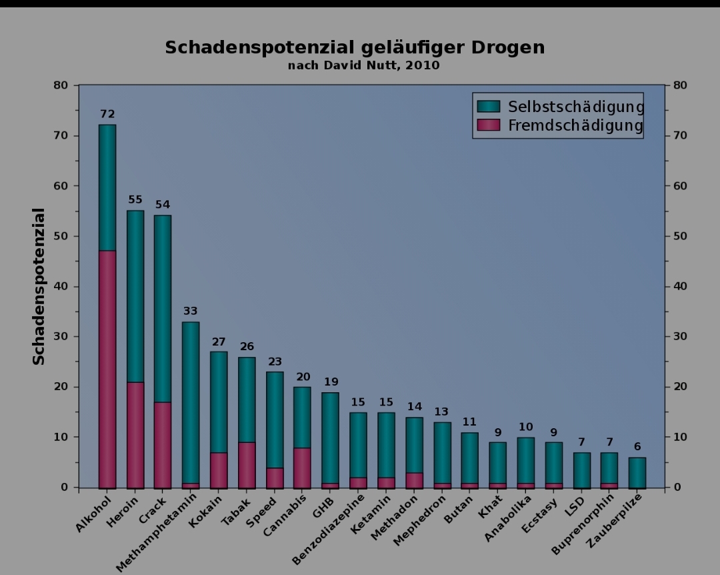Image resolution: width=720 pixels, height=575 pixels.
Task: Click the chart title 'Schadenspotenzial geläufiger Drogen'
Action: pos(355,48)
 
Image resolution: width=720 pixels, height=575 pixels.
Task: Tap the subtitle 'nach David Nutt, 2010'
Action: pos(363,65)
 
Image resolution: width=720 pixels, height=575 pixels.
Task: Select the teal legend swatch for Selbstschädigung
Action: pos(489,107)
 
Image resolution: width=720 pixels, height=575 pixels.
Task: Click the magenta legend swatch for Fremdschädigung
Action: pos(489,125)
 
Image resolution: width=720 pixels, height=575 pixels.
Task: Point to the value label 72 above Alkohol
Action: pos(107,115)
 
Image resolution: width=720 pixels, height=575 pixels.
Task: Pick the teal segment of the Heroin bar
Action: pos(135,297)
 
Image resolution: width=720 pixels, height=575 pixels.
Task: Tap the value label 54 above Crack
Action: pos(163,205)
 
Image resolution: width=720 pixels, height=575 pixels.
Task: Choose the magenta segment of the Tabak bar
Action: pos(247,465)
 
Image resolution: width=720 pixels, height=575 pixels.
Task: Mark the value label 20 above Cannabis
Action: pos(303,377)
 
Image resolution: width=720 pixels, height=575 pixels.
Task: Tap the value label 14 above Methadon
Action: pos(415,407)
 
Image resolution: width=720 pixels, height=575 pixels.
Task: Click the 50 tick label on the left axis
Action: pos(61,236)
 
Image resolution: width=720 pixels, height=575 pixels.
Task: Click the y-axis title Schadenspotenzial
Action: pos(39,287)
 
